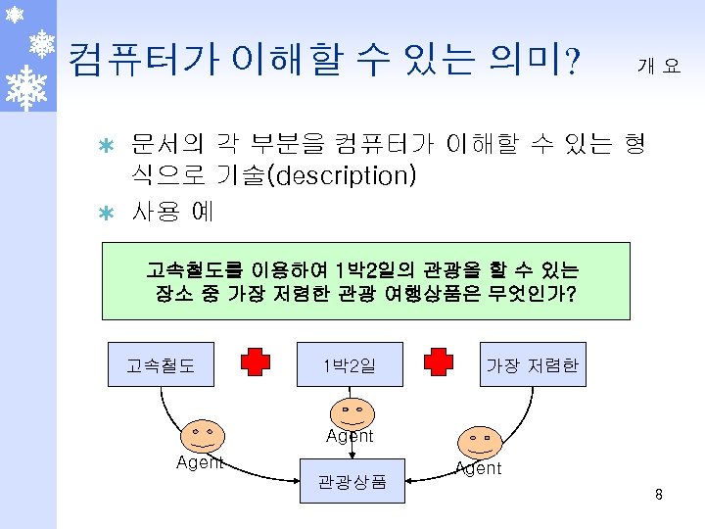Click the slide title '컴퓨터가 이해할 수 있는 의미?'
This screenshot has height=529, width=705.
(x=324, y=61)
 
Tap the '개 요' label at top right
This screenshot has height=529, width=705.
(x=658, y=66)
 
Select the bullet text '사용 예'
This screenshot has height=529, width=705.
(x=172, y=210)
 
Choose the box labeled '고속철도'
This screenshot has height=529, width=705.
(x=161, y=365)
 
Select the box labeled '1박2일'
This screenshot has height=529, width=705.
(x=350, y=365)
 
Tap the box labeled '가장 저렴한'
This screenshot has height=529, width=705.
(x=533, y=365)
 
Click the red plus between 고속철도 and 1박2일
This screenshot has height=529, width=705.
(x=256, y=361)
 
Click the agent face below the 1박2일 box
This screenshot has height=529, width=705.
(x=349, y=410)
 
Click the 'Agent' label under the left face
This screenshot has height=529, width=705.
(x=200, y=462)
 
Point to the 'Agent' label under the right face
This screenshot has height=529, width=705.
(x=478, y=468)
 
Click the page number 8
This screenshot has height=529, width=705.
(x=659, y=495)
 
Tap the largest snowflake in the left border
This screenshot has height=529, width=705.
(x=27, y=86)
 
